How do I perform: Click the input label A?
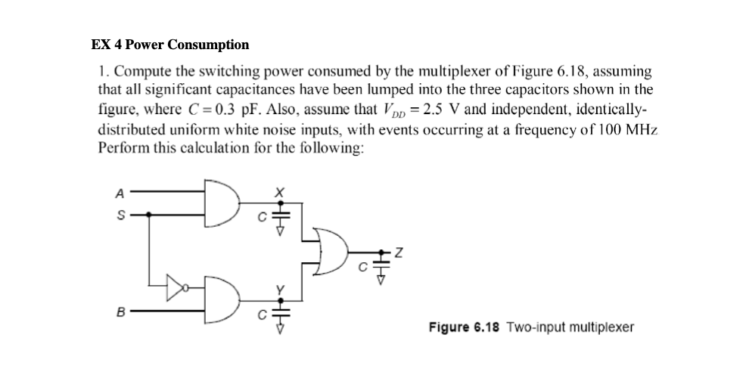coord(118,194)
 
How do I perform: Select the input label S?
coord(118,214)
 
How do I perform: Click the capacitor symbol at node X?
coord(278,215)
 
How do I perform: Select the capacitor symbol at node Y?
coord(278,310)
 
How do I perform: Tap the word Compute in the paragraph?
coord(140,72)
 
